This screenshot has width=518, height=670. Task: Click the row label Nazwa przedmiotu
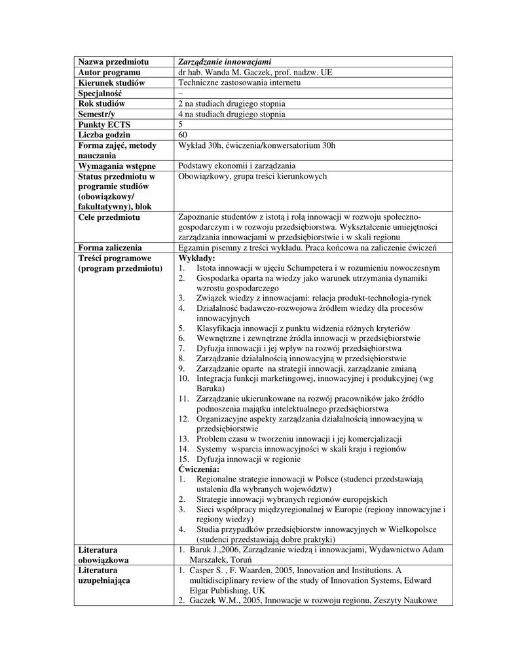coord(110,62)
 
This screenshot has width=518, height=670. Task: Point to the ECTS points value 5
coord(181,124)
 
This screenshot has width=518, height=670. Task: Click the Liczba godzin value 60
coord(183,135)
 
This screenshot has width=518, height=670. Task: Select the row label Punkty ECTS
coord(102,124)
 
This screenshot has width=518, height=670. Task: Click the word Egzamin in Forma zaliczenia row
coord(194,247)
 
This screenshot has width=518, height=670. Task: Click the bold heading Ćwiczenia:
coord(200,469)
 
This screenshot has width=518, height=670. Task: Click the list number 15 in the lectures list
coord(183,459)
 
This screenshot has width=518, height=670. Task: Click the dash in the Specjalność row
coord(181,93)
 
